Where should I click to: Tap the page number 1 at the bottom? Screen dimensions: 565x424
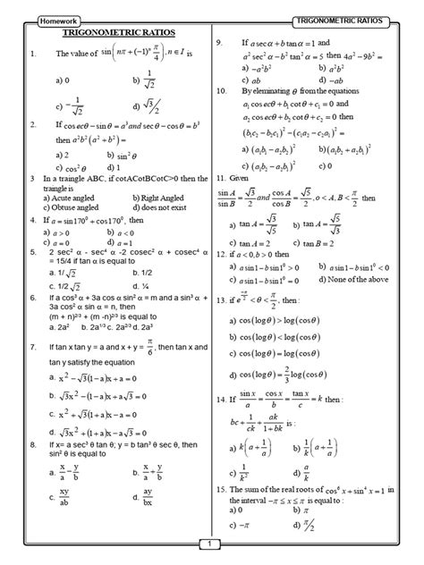coord(210,543)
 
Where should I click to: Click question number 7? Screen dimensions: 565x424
coord(32,345)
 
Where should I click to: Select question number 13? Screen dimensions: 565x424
coord(223,303)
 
